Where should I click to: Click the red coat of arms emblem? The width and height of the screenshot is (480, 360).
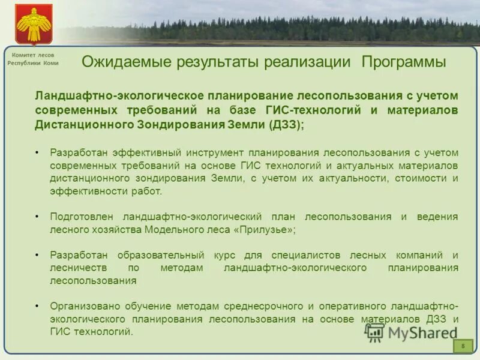tap(34, 23)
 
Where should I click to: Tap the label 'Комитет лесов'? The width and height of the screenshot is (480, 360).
tap(33, 55)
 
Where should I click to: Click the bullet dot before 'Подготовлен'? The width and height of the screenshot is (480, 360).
tap(37, 217)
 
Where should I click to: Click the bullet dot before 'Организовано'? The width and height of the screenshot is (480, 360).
tap(37, 305)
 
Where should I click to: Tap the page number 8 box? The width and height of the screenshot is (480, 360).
tap(463, 346)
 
